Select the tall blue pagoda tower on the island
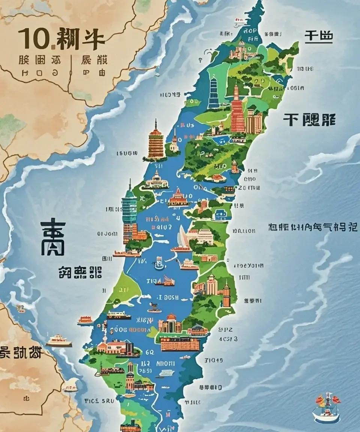213,91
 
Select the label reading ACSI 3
228,339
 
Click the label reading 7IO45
213,360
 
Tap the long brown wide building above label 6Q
180,344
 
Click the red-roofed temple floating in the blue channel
178,198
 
